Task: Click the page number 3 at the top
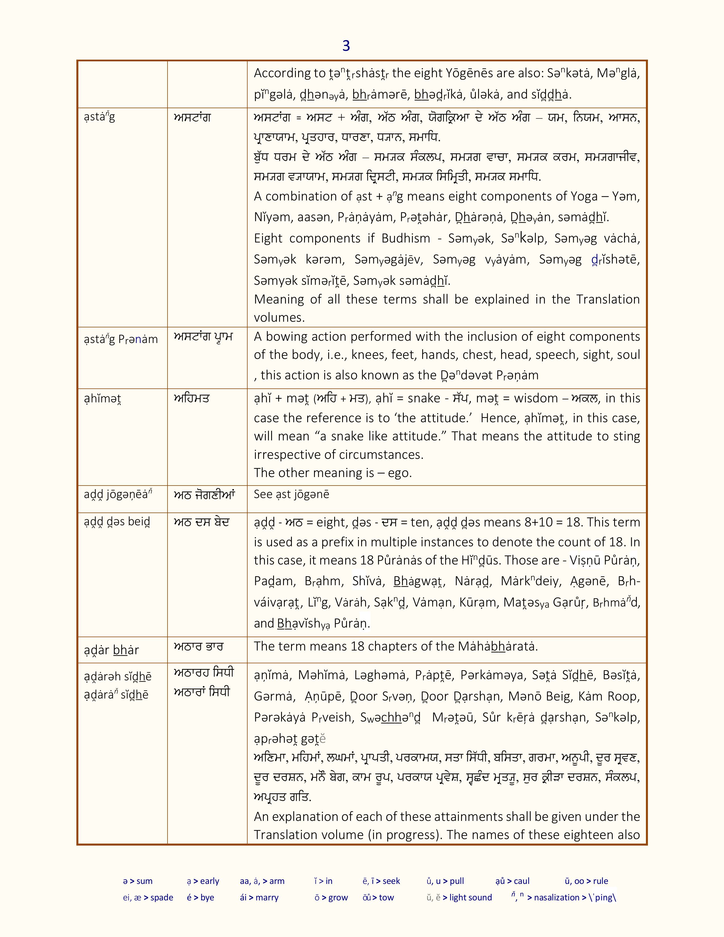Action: (x=346, y=46)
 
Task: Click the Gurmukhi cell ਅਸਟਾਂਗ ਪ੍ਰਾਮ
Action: (x=203, y=337)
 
